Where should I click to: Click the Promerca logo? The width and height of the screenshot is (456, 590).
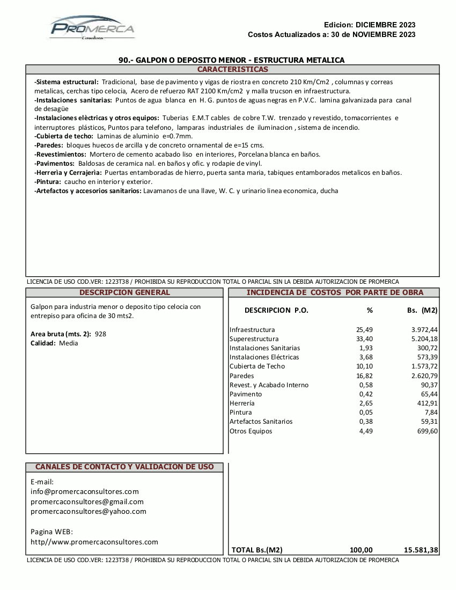click(x=92, y=28)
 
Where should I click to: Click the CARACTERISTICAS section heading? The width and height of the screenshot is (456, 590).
click(x=232, y=70)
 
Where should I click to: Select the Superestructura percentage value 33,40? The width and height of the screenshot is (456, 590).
click(x=365, y=339)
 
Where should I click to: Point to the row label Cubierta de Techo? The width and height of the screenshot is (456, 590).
click(x=257, y=366)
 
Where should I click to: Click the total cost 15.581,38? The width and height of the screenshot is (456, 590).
click(x=421, y=550)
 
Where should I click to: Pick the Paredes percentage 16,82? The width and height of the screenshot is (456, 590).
click(x=365, y=375)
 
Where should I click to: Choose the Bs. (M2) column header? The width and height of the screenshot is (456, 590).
click(x=422, y=310)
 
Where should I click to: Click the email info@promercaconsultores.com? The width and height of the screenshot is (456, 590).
click(x=85, y=491)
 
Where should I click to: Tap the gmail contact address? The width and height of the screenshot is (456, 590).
click(x=87, y=501)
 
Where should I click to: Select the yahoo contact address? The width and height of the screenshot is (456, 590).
click(x=89, y=511)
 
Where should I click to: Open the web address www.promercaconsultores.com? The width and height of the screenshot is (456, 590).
click(x=94, y=542)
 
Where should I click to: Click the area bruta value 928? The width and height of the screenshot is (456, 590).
click(x=100, y=334)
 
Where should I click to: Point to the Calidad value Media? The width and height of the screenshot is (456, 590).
click(x=68, y=343)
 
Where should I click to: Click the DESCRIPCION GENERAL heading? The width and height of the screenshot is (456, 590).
click(x=124, y=292)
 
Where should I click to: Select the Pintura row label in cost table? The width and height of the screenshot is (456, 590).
click(x=240, y=412)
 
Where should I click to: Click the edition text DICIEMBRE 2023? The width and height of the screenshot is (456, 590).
click(x=385, y=25)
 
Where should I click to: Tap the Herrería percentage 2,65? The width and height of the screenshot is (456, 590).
click(x=366, y=403)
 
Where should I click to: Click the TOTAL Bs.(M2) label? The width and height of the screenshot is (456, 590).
click(x=257, y=550)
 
